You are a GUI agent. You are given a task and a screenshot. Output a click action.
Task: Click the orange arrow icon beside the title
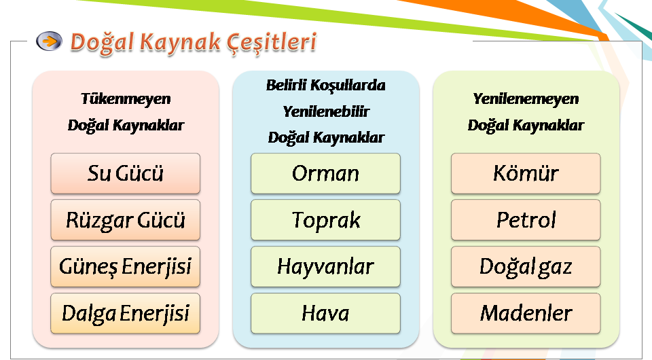point(49,41)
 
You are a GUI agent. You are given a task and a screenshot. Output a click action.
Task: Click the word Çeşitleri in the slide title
point(272,43)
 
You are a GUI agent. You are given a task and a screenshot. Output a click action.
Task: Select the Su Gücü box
point(125,173)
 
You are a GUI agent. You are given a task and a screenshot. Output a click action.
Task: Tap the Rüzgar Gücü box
point(125,220)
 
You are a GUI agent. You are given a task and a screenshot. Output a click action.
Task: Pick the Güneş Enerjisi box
point(125,266)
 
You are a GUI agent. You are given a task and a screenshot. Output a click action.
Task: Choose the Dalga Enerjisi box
point(125,313)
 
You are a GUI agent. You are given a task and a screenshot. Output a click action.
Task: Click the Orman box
point(325,173)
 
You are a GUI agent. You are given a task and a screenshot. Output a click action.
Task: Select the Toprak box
point(325,220)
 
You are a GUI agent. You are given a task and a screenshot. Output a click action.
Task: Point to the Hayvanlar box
point(325,266)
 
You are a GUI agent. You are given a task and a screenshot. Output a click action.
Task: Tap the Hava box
point(325,313)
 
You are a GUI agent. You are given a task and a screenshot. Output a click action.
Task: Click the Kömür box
point(526,173)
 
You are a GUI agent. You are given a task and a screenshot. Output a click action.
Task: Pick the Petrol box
point(526,220)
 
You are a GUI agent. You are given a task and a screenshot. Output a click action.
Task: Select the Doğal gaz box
point(526,266)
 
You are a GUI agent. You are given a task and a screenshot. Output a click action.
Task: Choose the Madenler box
point(526,313)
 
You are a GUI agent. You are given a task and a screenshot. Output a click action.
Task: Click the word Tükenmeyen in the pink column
point(126,99)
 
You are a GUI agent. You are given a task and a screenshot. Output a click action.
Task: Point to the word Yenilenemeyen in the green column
point(526,99)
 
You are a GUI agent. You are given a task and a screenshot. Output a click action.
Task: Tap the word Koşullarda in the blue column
point(348,86)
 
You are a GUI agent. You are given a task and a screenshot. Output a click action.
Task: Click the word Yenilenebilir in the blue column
point(326,111)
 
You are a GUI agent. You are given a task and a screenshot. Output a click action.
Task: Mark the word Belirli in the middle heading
point(286,85)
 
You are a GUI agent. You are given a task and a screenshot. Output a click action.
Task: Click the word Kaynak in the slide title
point(180,42)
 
